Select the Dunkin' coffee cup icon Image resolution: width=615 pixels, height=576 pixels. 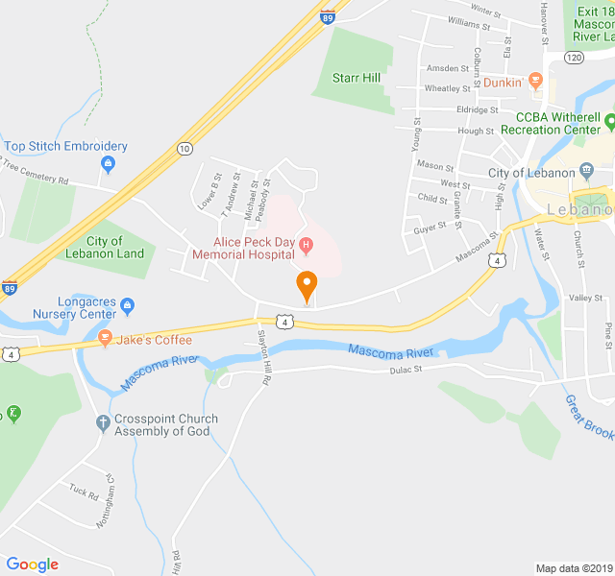(536, 81)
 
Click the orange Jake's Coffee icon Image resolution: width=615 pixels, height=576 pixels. (105, 339)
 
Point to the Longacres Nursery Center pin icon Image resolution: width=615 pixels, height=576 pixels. (129, 308)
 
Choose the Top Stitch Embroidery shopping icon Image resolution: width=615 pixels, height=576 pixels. (108, 165)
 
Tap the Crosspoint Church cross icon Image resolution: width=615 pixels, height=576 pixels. (103, 422)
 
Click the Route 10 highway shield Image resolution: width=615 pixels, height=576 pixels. (184, 148)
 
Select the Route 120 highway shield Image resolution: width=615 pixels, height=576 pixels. (574, 59)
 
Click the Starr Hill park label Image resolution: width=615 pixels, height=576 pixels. (357, 78)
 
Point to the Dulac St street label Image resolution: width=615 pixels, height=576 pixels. (406, 370)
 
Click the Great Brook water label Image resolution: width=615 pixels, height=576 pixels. (587, 417)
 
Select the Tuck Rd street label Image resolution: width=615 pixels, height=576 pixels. (84, 493)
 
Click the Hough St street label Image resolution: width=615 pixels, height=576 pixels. (476, 132)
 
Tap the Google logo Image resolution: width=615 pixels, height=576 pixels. (32, 564)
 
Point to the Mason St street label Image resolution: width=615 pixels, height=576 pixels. (435, 166)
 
